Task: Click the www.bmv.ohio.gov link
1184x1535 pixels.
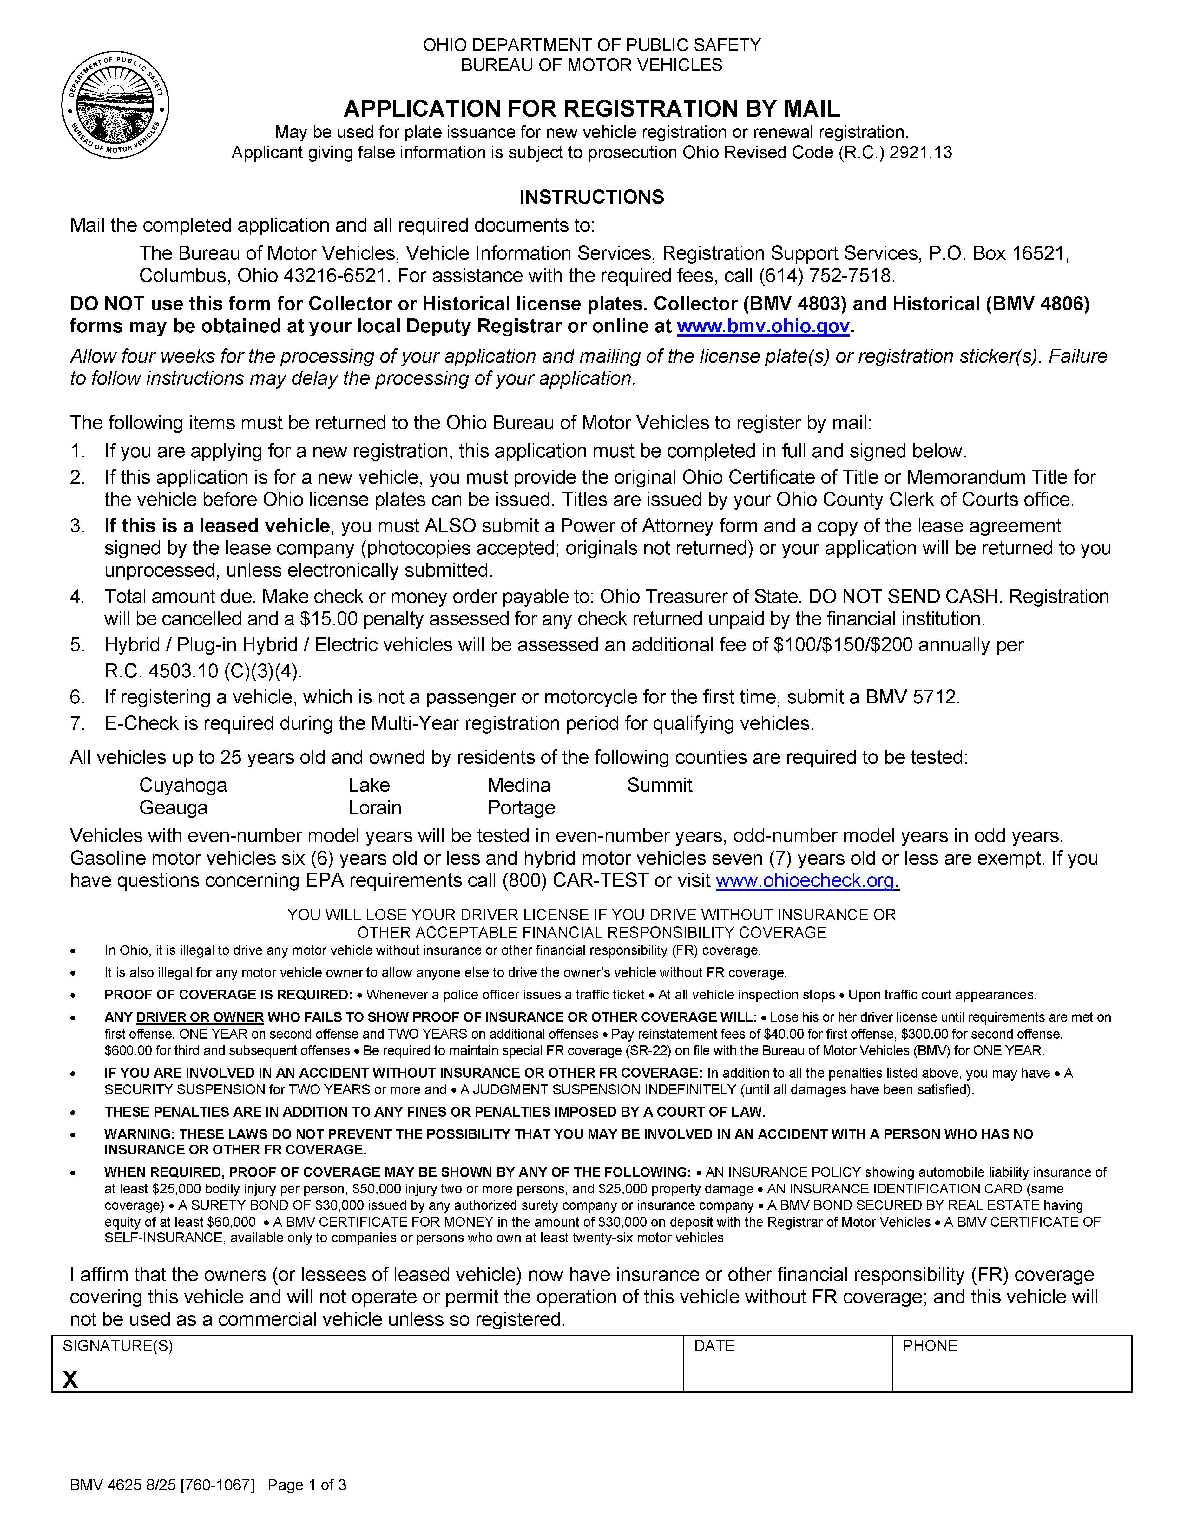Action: click(763, 326)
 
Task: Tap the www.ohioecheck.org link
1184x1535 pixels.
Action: click(806, 881)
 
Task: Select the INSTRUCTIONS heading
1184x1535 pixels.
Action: click(591, 197)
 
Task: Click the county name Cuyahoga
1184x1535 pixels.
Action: click(183, 785)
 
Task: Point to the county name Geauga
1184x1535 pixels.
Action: click(173, 807)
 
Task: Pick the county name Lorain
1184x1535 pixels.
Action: click(375, 807)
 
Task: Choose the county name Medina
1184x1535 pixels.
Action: click(519, 785)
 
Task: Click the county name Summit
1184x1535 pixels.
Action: click(660, 785)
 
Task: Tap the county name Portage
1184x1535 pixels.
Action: click(521, 807)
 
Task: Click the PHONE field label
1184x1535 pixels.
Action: click(930, 1345)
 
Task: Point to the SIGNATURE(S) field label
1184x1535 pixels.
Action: click(117, 1345)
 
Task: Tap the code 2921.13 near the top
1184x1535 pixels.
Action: click(920, 153)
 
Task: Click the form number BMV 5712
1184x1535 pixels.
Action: click(911, 697)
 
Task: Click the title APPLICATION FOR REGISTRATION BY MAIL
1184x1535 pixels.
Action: click(591, 109)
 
